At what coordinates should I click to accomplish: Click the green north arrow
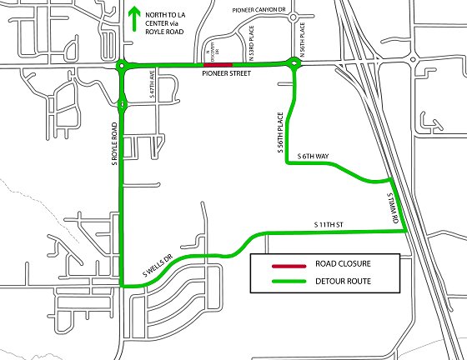pos(134,20)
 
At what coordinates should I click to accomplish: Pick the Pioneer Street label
pos(225,74)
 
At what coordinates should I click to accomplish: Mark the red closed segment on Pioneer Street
pos(218,63)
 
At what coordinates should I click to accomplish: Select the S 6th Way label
pos(313,156)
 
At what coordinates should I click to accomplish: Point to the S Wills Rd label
pos(389,205)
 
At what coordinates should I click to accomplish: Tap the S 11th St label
pos(328,225)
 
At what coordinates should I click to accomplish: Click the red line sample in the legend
pos(283,265)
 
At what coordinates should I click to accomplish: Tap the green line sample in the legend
pos(283,280)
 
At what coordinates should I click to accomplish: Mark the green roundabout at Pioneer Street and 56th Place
pos(294,63)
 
